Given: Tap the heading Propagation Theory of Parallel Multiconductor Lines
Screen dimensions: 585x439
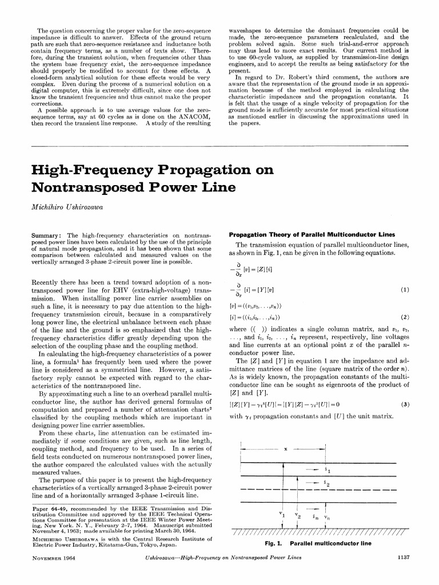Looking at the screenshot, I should pos(304,234).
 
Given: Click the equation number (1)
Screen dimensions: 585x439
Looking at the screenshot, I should pos(405,289).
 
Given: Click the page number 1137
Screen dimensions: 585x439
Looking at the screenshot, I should pos(404,571).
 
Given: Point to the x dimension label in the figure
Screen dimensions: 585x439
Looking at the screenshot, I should pos(285,449).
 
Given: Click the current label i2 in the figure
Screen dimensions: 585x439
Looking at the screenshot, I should pos(325,484).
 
